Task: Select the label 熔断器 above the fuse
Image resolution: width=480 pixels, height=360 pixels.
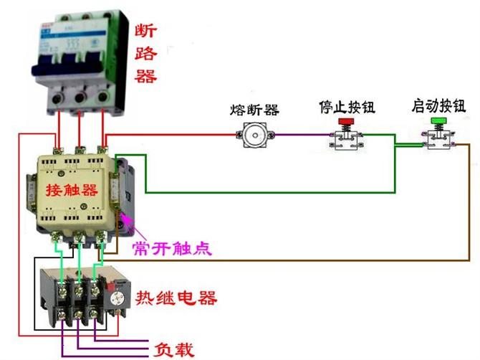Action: click(x=254, y=110)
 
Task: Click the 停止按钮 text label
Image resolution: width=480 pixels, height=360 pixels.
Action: click(x=347, y=108)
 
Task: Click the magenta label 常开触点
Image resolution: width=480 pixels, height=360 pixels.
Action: click(x=172, y=248)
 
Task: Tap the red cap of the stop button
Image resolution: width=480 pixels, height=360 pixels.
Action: click(x=346, y=123)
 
